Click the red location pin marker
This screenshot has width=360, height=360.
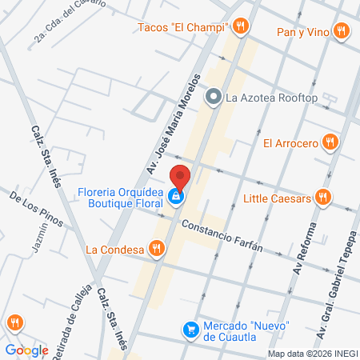(180, 177)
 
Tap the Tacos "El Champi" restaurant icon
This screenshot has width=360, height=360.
(241, 27)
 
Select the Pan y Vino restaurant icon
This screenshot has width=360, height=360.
(342, 31)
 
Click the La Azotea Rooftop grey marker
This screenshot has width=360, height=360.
(213, 98)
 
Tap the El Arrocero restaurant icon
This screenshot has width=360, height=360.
(330, 143)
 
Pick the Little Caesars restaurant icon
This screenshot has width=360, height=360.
(322, 198)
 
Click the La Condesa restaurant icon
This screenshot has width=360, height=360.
(157, 248)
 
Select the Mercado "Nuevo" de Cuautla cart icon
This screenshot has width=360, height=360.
(190, 328)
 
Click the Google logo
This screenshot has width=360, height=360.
(26, 350)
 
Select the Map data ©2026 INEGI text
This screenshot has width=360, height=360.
(313, 354)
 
